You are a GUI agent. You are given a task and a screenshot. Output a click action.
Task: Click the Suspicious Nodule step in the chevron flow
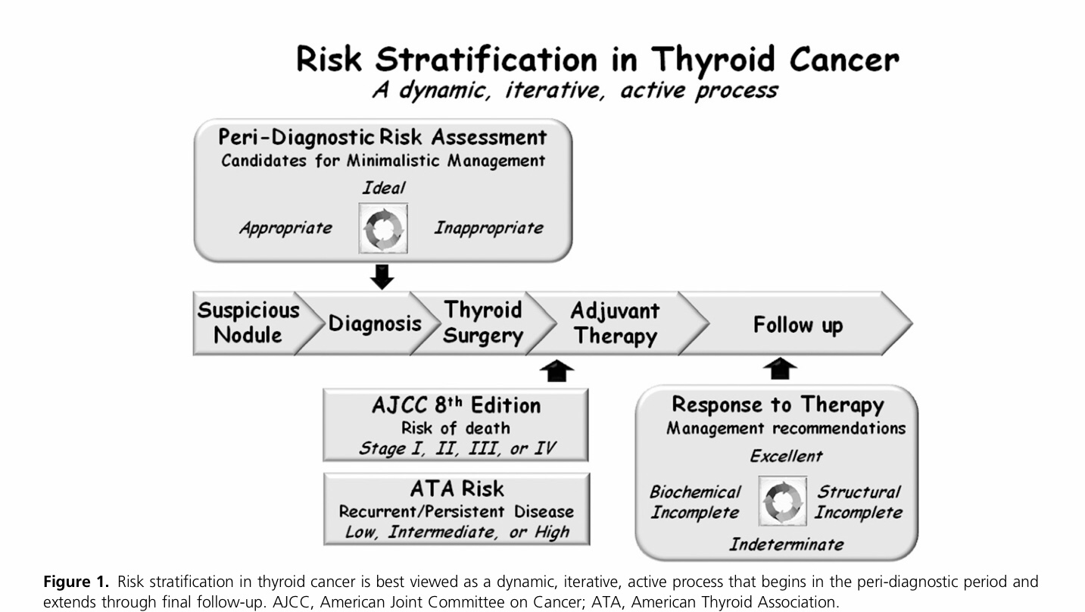248,323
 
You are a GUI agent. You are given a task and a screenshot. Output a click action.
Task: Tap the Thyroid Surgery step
483,323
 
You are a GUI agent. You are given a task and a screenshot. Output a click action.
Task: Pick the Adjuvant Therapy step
614,323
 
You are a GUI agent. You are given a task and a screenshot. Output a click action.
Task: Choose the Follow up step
797,325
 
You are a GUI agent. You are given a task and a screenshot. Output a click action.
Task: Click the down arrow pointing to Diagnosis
382,276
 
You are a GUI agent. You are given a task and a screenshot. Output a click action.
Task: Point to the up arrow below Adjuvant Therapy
557,370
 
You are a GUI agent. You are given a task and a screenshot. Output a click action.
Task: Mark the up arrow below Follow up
780,369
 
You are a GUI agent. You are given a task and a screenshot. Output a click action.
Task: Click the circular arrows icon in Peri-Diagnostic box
382,228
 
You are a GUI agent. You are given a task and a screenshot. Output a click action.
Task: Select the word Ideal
383,188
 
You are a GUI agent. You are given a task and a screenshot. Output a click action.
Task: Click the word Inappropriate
488,227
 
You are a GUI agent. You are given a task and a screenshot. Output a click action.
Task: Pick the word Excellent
785,455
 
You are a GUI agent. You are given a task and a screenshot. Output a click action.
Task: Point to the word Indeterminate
786,544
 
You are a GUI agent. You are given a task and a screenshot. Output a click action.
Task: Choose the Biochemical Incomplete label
695,502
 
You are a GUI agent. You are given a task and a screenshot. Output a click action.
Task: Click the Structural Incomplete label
859,502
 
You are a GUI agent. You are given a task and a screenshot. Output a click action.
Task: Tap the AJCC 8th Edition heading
456,405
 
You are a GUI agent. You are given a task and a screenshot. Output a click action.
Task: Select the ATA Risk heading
457,489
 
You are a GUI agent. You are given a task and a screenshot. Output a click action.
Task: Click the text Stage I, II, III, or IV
457,448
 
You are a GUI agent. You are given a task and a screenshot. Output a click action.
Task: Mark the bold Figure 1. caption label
76,582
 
